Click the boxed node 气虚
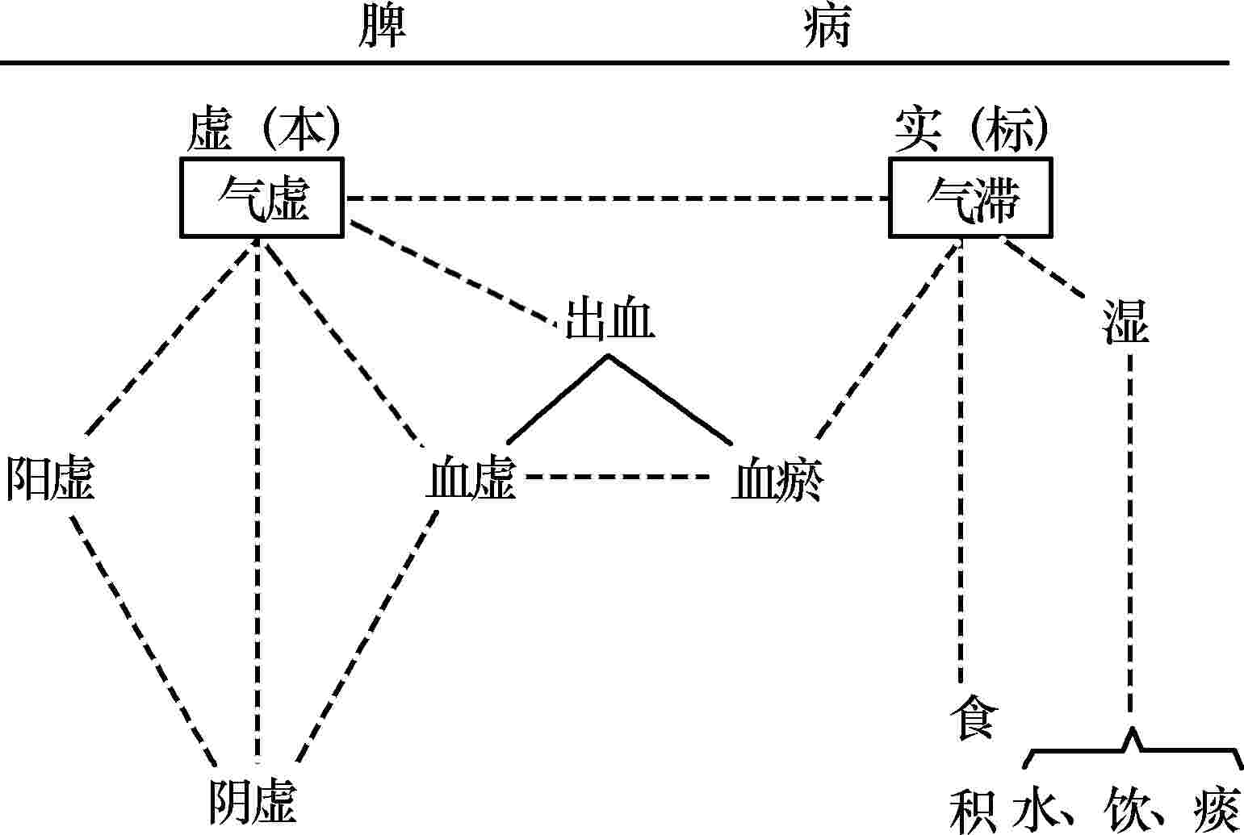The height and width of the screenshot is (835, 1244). pyautogui.click(x=262, y=198)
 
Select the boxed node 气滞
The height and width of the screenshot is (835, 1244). pyautogui.click(x=971, y=198)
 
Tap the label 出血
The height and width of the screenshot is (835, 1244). pyautogui.click(x=609, y=319)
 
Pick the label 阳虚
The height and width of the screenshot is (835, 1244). pyautogui.click(x=50, y=478)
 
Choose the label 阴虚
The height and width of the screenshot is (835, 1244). pyautogui.click(x=253, y=801)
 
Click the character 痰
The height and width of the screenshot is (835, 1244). pyautogui.click(x=1215, y=809)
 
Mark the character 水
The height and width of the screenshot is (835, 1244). pyautogui.click(x=1036, y=809)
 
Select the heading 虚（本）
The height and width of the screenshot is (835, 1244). pyautogui.click(x=262, y=131)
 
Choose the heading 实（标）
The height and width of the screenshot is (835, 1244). pyautogui.click(x=972, y=131)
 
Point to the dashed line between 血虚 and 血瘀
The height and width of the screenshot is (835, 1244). pyautogui.click(x=618, y=477)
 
